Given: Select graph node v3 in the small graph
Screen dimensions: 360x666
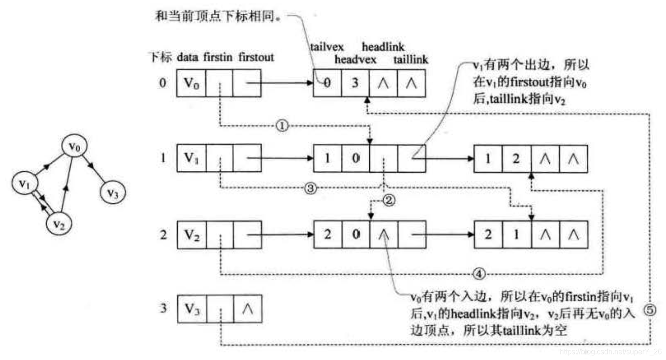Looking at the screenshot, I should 112,193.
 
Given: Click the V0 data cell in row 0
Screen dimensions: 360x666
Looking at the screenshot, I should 191,83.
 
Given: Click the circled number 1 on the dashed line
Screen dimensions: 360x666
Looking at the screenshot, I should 282,125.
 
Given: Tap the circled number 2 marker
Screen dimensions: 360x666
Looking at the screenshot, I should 388,200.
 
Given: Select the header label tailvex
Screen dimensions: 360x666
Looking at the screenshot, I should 327,47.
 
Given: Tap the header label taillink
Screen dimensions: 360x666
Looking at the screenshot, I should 411,59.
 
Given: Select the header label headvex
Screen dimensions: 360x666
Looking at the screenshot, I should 355,59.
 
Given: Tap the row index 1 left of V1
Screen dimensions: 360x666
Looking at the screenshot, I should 163,158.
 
